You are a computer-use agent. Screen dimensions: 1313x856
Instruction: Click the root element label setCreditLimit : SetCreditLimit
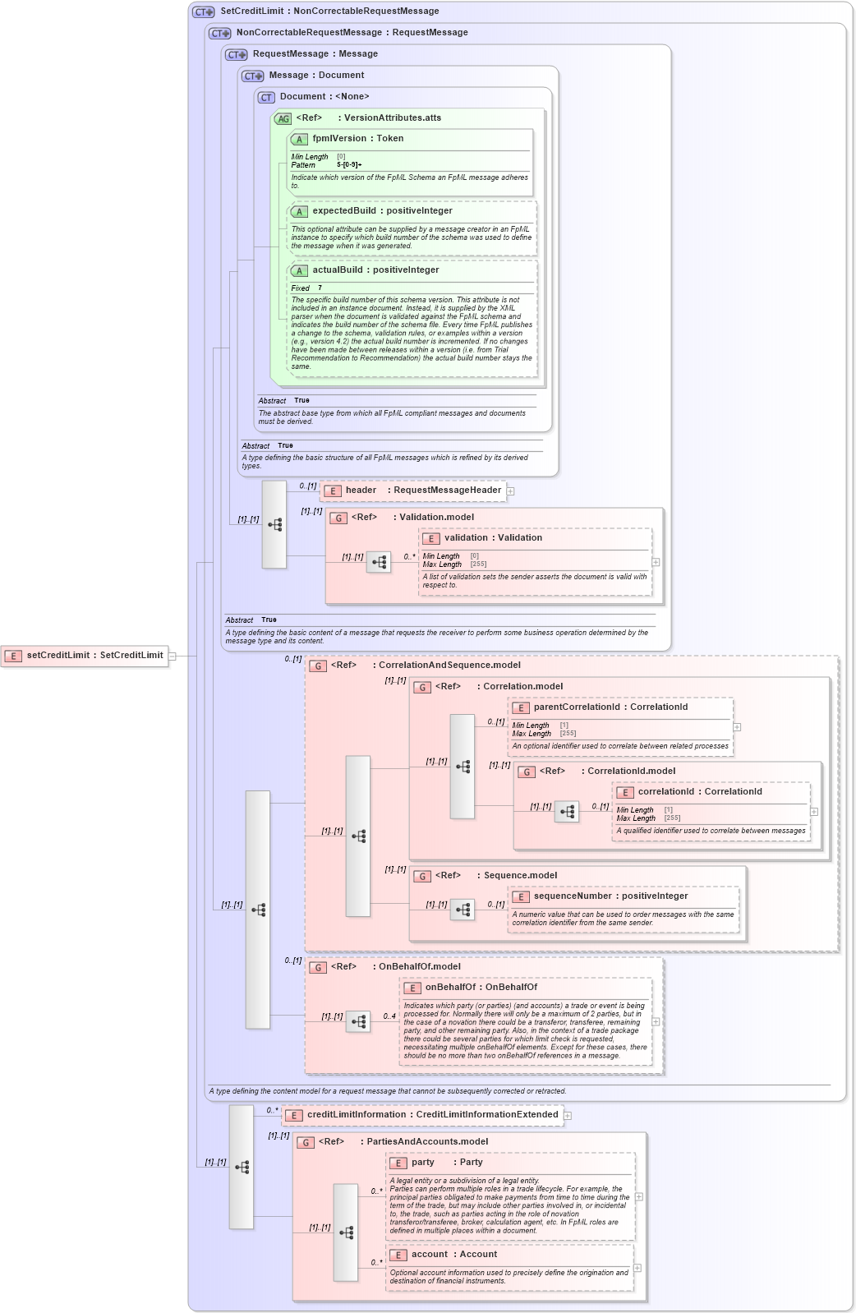tap(94, 656)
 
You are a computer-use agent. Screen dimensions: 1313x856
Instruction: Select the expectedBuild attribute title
tap(382, 211)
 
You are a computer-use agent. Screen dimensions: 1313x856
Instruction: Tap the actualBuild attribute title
tap(375, 270)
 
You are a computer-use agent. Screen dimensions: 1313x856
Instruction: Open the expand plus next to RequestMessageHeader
tap(511, 491)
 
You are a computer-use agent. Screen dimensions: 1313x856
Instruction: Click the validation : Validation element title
tap(493, 538)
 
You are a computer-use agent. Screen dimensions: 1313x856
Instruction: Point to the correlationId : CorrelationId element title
tap(699, 792)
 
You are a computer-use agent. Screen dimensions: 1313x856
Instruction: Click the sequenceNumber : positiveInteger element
tap(610, 896)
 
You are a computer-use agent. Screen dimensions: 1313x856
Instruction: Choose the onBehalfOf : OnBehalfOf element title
tap(481, 988)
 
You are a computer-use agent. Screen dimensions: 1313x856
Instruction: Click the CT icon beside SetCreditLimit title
tap(203, 12)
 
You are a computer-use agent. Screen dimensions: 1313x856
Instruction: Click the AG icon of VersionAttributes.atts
tap(283, 118)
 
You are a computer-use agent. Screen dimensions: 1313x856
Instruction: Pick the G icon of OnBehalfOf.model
tap(318, 967)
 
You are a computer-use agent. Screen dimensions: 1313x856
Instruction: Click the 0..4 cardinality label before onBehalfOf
tap(389, 1016)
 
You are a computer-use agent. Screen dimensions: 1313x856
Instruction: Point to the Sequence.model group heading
tap(520, 876)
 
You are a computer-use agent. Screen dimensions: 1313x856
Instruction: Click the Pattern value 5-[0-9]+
tap(349, 165)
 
